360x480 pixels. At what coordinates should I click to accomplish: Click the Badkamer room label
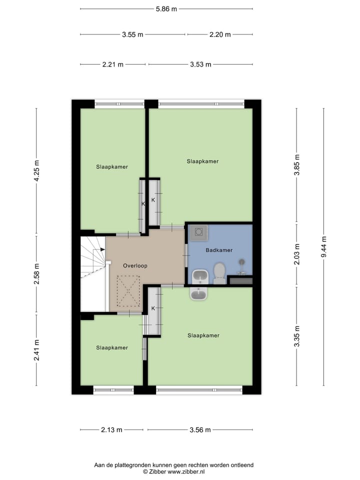tap(218, 249)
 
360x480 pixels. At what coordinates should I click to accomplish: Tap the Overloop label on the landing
tap(135, 266)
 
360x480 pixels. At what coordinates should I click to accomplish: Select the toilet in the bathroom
tap(219, 273)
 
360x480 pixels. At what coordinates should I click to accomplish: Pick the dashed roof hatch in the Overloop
tap(128, 291)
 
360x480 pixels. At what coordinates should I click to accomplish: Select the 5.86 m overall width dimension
tap(166, 8)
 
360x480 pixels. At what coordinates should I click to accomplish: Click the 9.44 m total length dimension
tap(323, 247)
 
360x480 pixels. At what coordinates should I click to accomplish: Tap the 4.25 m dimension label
tap(36, 171)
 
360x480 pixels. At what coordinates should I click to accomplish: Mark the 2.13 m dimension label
tap(111, 429)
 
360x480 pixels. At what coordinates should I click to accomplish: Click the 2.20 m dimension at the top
tap(220, 34)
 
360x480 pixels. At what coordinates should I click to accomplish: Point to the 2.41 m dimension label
tap(36, 350)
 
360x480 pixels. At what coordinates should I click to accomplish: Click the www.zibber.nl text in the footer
tap(186, 471)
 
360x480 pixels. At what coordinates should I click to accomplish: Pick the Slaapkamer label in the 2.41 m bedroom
tap(112, 347)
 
